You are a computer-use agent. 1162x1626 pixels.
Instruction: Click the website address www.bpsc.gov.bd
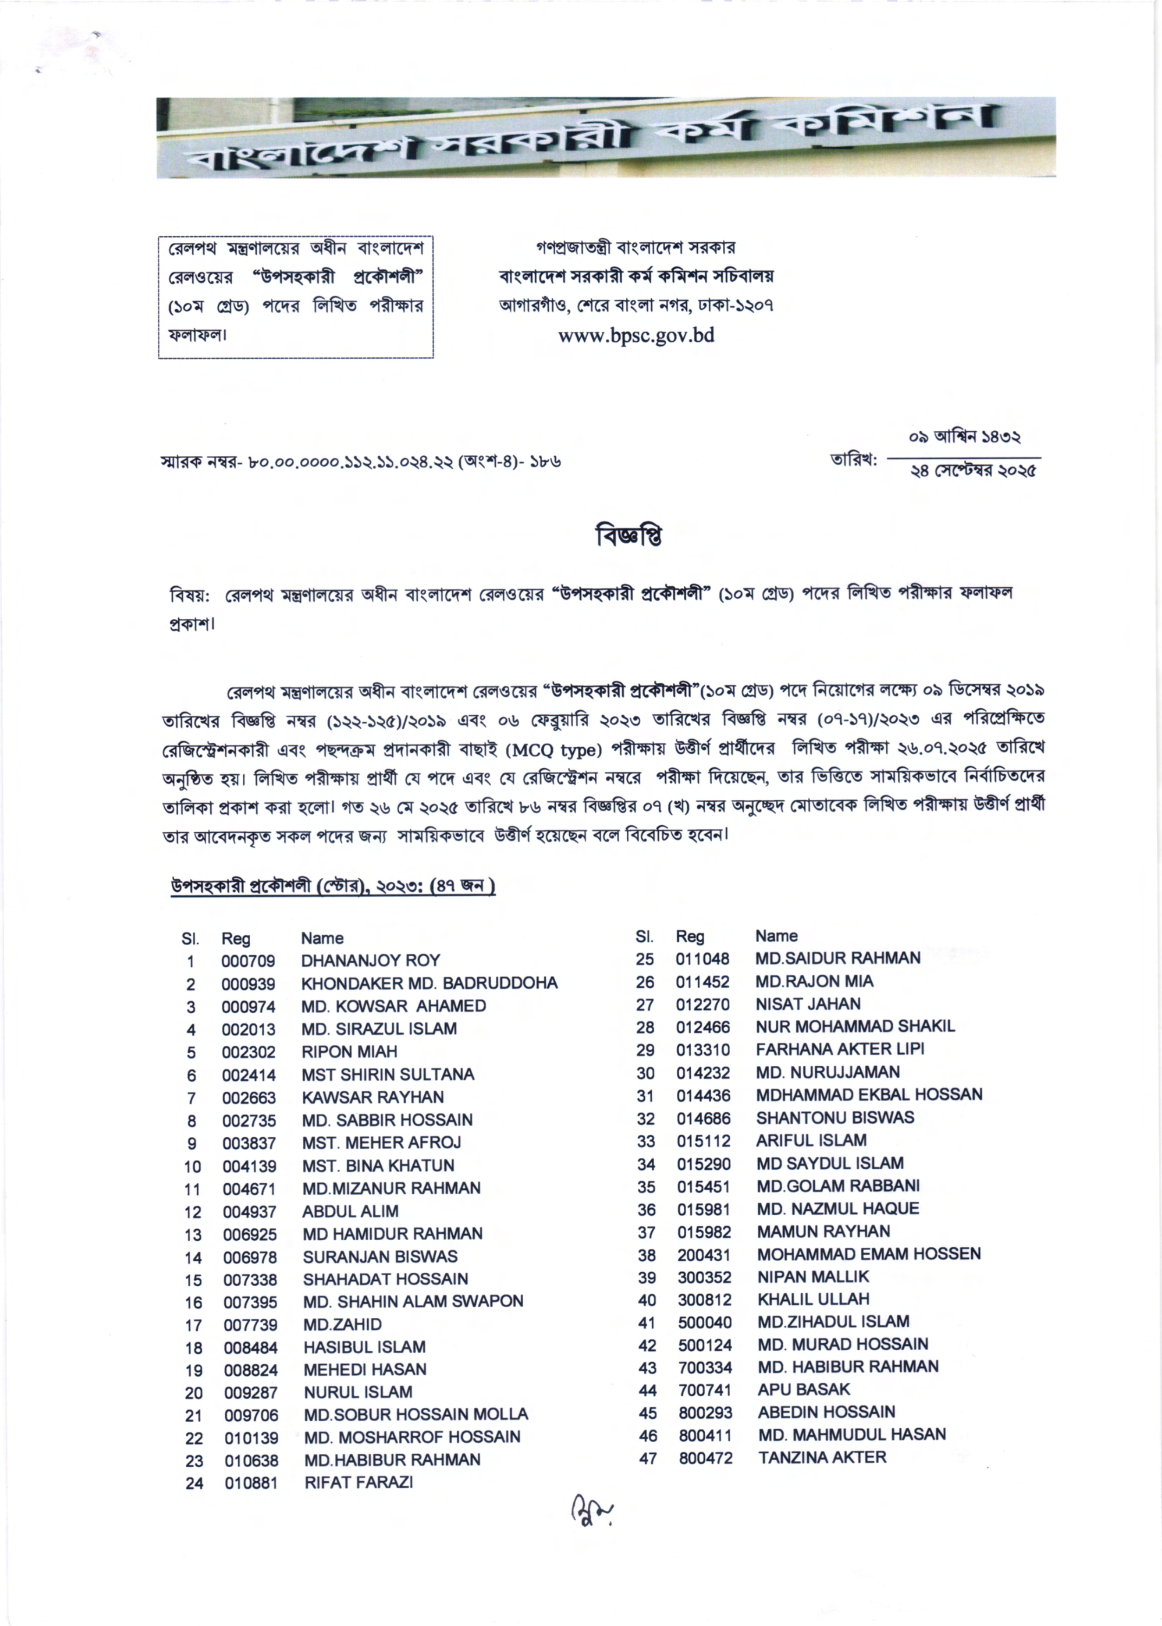click(x=636, y=336)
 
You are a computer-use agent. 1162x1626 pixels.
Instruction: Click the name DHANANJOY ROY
click(x=370, y=960)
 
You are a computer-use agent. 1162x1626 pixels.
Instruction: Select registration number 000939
click(x=247, y=984)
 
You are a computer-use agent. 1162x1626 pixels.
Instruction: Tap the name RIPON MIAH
click(x=349, y=1051)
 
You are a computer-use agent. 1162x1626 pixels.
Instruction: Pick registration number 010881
click(x=250, y=1483)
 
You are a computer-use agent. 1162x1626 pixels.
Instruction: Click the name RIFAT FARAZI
click(x=358, y=1482)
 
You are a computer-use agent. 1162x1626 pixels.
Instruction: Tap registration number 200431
click(x=704, y=1254)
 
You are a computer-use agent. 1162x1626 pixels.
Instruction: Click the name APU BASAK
click(x=804, y=1389)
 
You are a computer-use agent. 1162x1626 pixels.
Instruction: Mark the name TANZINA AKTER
click(x=822, y=1457)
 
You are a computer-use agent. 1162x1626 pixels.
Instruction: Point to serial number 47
click(x=648, y=1458)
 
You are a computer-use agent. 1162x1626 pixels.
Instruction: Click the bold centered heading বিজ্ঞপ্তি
click(x=629, y=535)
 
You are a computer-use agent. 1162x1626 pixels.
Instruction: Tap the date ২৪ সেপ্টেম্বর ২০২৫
click(x=973, y=471)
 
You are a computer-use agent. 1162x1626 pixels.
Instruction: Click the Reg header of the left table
click(x=235, y=939)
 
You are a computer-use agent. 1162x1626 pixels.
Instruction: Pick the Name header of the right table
click(x=776, y=936)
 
